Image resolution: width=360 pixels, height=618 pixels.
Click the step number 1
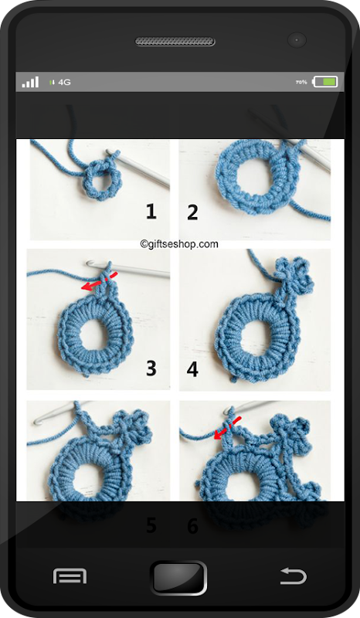[151, 212]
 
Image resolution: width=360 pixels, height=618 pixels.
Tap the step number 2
[192, 212]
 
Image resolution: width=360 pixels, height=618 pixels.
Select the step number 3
[151, 368]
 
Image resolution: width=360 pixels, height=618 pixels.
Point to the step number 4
[192, 369]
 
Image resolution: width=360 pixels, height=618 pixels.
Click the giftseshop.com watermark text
[179, 244]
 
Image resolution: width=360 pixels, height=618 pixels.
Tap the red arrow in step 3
[99, 281]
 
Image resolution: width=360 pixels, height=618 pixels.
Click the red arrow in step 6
[227, 428]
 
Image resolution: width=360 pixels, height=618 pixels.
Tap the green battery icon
[325, 82]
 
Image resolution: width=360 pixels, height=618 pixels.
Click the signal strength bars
[30, 82]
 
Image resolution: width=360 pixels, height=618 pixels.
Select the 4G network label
[64, 82]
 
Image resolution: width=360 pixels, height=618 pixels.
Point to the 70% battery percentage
[301, 82]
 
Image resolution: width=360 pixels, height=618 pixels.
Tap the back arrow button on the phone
[293, 576]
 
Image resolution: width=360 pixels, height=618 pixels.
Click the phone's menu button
[70, 576]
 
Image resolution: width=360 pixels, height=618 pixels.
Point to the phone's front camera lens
[297, 40]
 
